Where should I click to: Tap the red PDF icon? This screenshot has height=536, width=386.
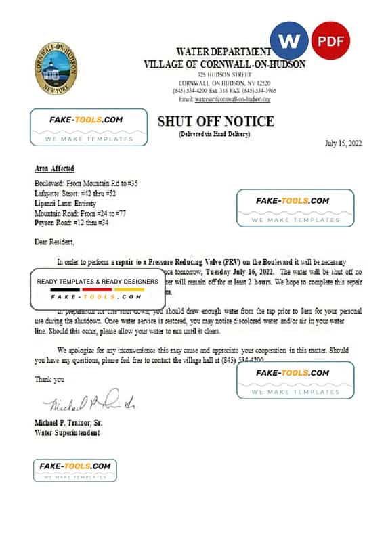click(330, 41)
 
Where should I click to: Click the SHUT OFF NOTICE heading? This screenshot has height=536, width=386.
click(215, 122)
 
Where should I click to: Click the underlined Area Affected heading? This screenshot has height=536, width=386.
click(54, 169)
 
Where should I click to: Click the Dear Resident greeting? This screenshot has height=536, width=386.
click(55, 241)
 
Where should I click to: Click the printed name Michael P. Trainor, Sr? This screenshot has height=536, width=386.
click(73, 422)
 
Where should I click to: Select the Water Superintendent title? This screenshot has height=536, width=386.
click(66, 432)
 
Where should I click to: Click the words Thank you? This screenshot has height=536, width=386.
click(49, 380)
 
